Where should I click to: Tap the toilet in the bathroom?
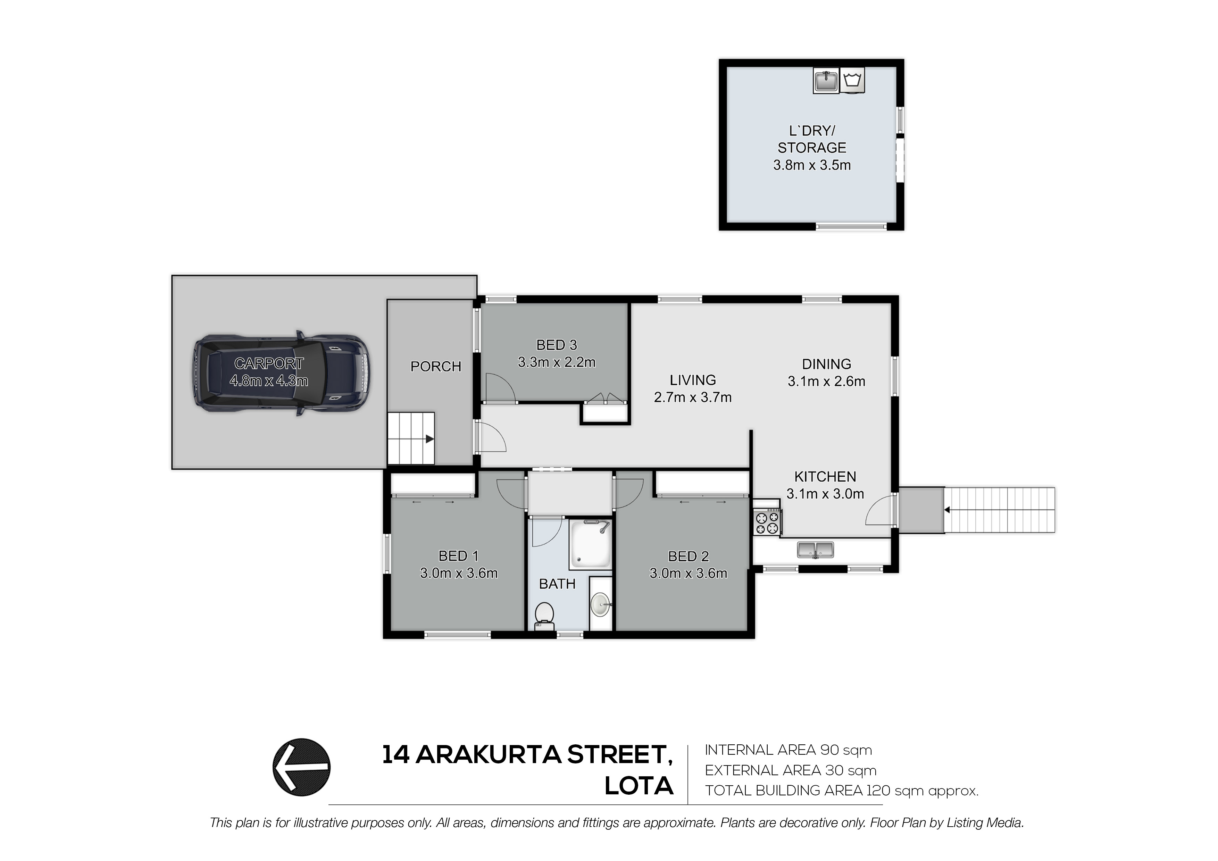pyautogui.click(x=545, y=617)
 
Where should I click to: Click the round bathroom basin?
pyautogui.click(x=602, y=605)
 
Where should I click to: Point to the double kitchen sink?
pyautogui.click(x=815, y=550)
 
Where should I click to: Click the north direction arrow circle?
pyautogui.click(x=301, y=768)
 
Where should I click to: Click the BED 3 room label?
pyautogui.click(x=557, y=345)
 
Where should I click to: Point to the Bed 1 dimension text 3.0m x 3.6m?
pyautogui.click(x=459, y=574)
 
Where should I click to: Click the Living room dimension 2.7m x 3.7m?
pyautogui.click(x=693, y=397)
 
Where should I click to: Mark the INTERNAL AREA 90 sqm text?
pyautogui.click(x=788, y=750)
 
